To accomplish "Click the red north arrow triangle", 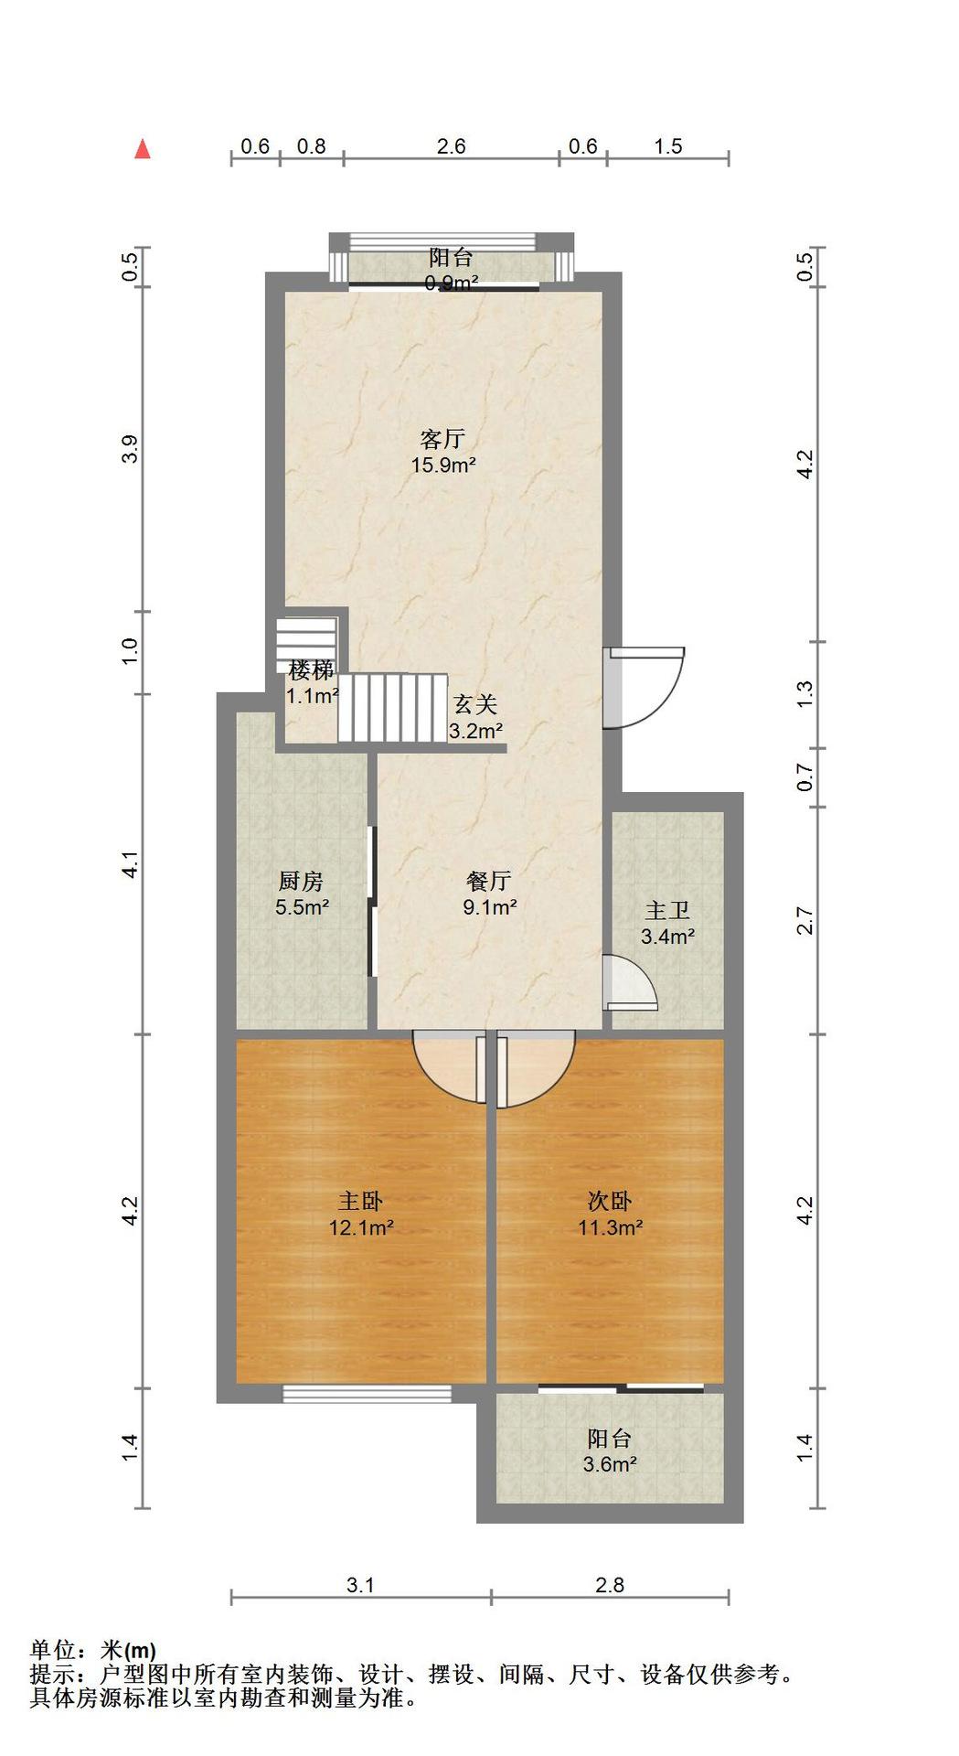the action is pyautogui.click(x=142, y=149).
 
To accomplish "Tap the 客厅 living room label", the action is pyautogui.click(x=442, y=439).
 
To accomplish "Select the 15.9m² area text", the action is pyautogui.click(x=443, y=465).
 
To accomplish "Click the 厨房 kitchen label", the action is pyautogui.click(x=301, y=882).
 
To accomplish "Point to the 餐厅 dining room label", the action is pyautogui.click(x=489, y=882).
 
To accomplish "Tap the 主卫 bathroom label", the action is pyautogui.click(x=667, y=911).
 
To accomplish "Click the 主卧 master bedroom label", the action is pyautogui.click(x=361, y=1201).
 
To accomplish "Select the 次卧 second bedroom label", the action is pyautogui.click(x=610, y=1201).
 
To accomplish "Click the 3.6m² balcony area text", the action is pyautogui.click(x=610, y=1464).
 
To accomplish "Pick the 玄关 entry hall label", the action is pyautogui.click(x=475, y=705).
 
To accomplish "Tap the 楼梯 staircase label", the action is pyautogui.click(x=312, y=670).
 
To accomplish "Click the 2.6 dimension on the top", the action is pyautogui.click(x=452, y=146).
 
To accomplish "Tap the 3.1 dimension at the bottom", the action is pyautogui.click(x=361, y=1585).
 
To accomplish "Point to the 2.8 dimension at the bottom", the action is pyautogui.click(x=610, y=1585).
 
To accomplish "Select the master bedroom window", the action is pyautogui.click(x=368, y=1394).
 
